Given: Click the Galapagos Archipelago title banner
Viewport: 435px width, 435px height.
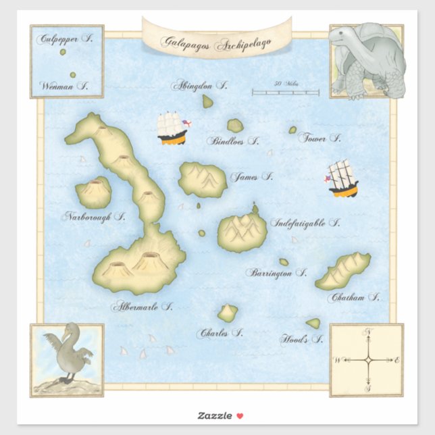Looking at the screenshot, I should click(215, 41).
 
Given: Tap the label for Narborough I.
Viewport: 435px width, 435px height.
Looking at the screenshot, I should click(95, 217).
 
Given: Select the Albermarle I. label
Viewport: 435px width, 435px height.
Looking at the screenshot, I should click(143, 306).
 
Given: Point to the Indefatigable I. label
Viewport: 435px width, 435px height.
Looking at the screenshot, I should click(305, 222).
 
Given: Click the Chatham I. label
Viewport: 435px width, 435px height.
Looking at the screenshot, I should click(353, 297).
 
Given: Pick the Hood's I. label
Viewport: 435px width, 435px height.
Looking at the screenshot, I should click(301, 340).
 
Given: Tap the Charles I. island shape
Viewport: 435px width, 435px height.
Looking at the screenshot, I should click(228, 313).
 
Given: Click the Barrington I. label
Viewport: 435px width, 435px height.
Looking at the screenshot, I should click(276, 274).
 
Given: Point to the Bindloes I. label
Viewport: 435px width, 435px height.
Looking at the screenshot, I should click(234, 142).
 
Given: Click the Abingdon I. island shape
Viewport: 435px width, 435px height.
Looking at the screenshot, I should click(208, 101).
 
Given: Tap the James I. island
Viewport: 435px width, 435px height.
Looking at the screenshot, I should click(202, 179).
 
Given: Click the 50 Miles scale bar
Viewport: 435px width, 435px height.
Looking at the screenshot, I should click(286, 92).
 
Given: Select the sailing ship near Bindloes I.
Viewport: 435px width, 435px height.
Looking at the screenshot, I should click(172, 128).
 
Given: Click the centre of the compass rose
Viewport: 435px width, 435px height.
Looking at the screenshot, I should click(368, 361).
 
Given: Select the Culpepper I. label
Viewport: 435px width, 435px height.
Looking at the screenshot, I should click(66, 39).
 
